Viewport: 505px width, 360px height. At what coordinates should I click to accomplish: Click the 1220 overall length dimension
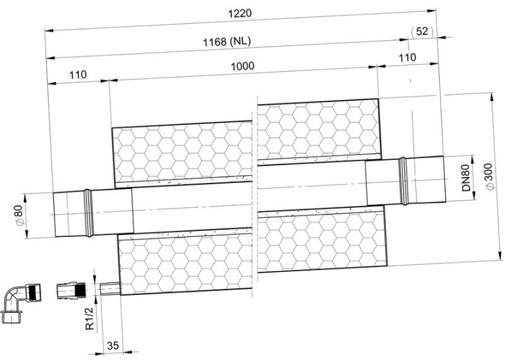[240, 13]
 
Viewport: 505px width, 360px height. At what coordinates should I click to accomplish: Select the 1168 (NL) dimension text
[226, 41]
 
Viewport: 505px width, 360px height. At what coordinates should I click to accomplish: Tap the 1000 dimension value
[242, 66]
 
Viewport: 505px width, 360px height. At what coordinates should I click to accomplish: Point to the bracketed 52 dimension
[422, 31]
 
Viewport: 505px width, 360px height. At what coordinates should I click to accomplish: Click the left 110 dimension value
[78, 75]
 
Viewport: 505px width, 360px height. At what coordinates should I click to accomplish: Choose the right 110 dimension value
[408, 58]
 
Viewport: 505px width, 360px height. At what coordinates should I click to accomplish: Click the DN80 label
[466, 178]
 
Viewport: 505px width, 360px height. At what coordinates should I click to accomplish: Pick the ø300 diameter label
[489, 176]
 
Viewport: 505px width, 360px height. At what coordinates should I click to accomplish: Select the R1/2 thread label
[90, 319]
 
